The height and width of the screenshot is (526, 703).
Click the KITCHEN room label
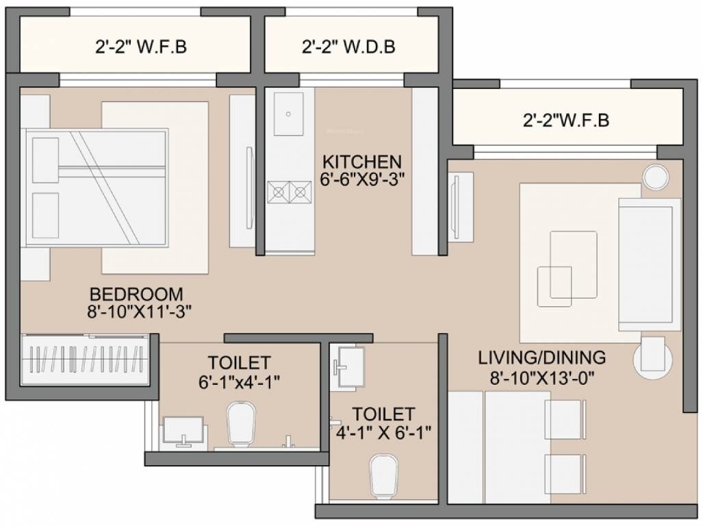(362, 162)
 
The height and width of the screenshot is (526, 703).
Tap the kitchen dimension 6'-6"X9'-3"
(362, 179)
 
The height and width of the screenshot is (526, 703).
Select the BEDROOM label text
(136, 293)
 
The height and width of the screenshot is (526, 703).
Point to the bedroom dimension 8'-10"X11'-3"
(140, 311)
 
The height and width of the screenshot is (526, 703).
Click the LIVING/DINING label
(541, 357)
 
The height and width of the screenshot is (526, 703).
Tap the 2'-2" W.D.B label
(348, 47)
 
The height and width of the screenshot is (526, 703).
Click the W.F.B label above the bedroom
(141, 47)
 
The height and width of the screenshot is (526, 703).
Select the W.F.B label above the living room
(565, 121)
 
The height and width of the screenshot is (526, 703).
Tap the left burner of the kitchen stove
(279, 192)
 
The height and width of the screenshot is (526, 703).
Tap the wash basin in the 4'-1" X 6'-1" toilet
(350, 362)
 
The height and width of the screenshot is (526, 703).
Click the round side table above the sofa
(654, 177)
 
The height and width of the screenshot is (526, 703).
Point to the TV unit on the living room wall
(460, 206)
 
